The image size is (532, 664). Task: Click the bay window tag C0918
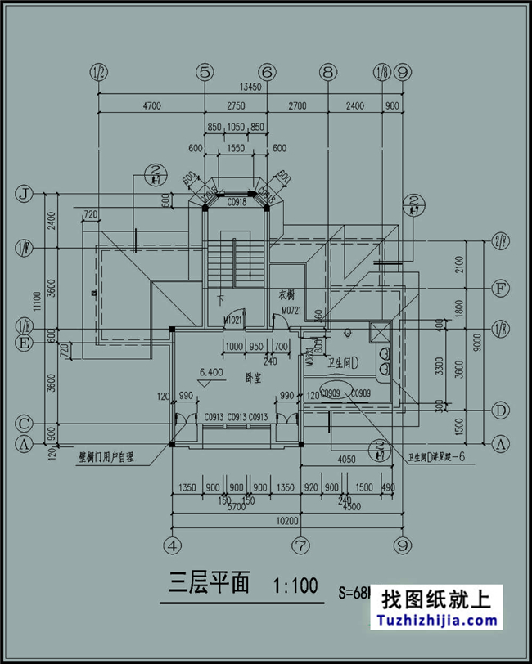click(x=237, y=200)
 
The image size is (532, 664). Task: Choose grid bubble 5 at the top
click(x=205, y=72)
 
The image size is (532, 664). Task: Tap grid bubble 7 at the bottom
click(x=301, y=544)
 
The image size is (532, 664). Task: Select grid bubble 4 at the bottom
click(x=172, y=544)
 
